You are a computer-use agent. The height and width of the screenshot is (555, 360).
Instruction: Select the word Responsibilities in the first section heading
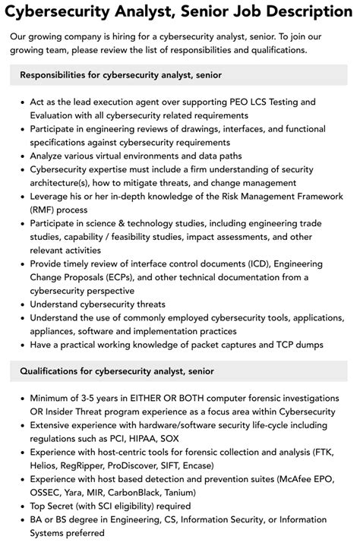[x=58, y=74]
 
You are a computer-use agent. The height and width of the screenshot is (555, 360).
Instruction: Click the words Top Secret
[x=56, y=506]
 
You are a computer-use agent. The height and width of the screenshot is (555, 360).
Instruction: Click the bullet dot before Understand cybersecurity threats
[x=21, y=304]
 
